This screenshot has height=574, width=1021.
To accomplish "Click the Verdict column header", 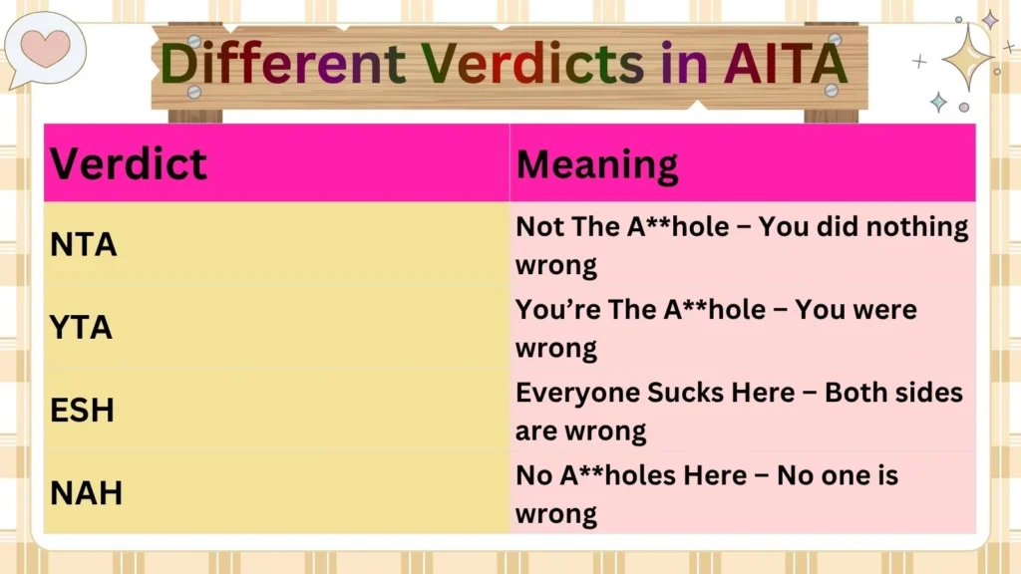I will point(129,163).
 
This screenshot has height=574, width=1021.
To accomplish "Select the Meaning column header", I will point(597,163).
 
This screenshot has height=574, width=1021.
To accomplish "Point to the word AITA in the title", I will point(785,63).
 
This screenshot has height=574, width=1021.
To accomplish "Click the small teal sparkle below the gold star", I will point(938,102).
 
